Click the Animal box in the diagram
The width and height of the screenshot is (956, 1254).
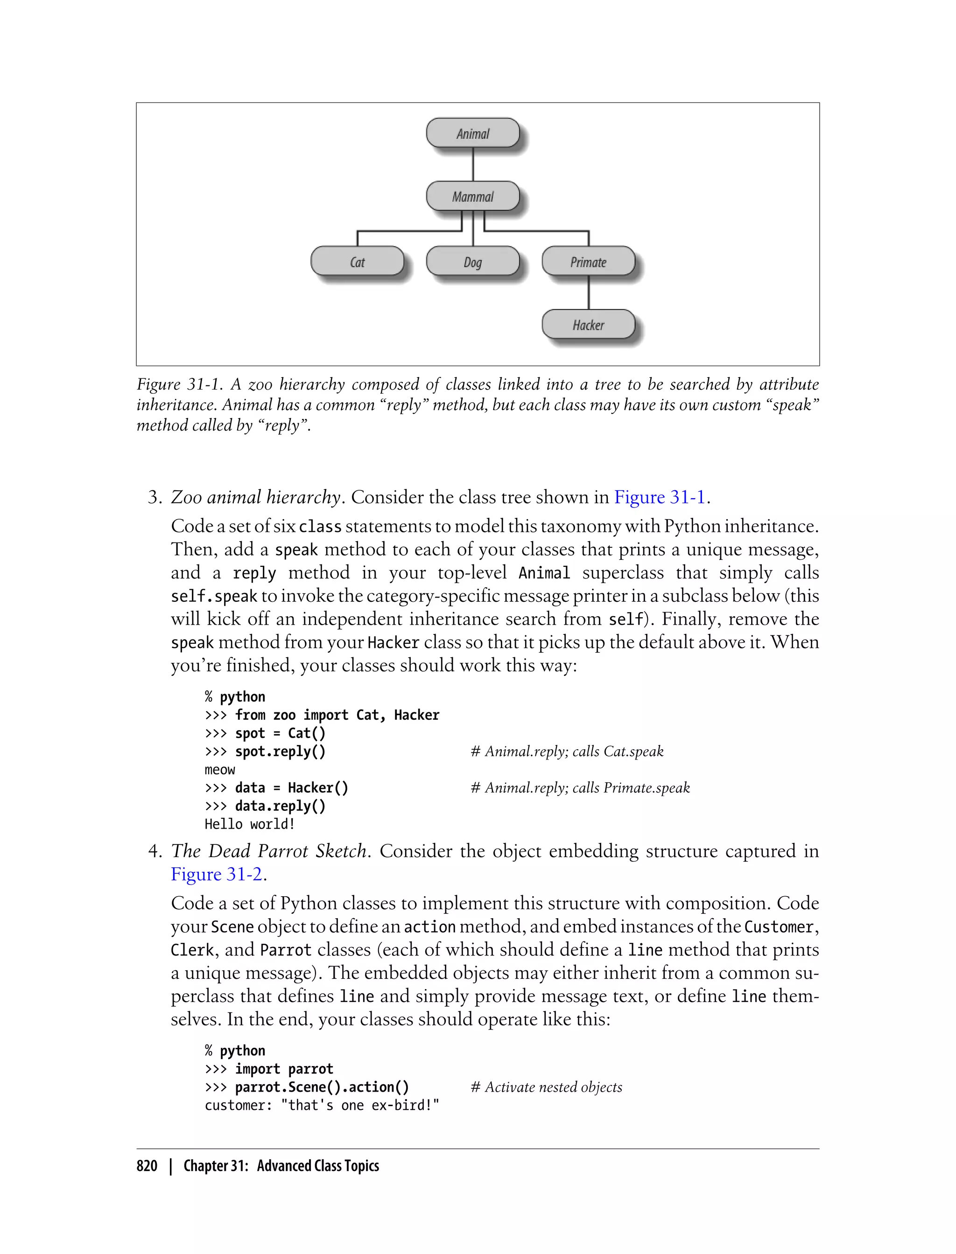(x=472, y=133)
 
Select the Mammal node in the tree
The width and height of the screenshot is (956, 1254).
(x=472, y=196)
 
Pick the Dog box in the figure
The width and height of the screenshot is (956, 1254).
(x=472, y=262)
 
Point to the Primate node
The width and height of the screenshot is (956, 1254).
(x=588, y=262)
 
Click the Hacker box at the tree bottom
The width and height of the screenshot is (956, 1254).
(x=588, y=325)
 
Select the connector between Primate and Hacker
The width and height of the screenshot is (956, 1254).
(x=588, y=293)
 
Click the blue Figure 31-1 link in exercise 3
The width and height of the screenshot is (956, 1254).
(x=659, y=497)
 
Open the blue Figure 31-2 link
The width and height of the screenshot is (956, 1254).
(x=216, y=874)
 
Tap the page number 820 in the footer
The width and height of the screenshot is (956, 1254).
(x=147, y=1166)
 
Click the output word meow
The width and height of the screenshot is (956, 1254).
(x=220, y=769)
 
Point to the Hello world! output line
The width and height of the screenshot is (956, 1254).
(x=250, y=824)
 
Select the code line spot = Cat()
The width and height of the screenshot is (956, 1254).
(x=265, y=733)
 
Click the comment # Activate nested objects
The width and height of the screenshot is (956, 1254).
(x=546, y=1087)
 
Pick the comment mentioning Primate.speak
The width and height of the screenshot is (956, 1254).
(x=580, y=787)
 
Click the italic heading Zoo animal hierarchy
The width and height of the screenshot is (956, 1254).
(x=255, y=497)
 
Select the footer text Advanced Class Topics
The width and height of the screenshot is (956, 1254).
(x=317, y=1166)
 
